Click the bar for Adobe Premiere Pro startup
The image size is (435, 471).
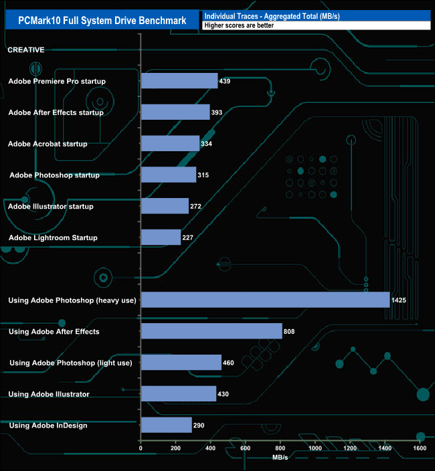179,81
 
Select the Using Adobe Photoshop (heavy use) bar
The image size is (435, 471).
265,300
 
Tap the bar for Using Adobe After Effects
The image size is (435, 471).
211,331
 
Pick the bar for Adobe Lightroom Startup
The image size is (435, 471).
161,238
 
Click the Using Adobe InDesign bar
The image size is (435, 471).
167,425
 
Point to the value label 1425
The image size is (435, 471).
399,300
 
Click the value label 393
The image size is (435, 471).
217,112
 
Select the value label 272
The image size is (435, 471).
196,207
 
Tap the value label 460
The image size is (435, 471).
230,363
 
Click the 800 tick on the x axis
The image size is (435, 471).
280,449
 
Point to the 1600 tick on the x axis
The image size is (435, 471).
420,449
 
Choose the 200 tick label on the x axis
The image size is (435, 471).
175,449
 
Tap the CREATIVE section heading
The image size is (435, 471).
26,50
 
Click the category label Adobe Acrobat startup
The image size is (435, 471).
48,144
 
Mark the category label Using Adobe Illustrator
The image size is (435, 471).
49,394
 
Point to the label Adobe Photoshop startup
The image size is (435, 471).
55,175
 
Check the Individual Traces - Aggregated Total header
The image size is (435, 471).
272,16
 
